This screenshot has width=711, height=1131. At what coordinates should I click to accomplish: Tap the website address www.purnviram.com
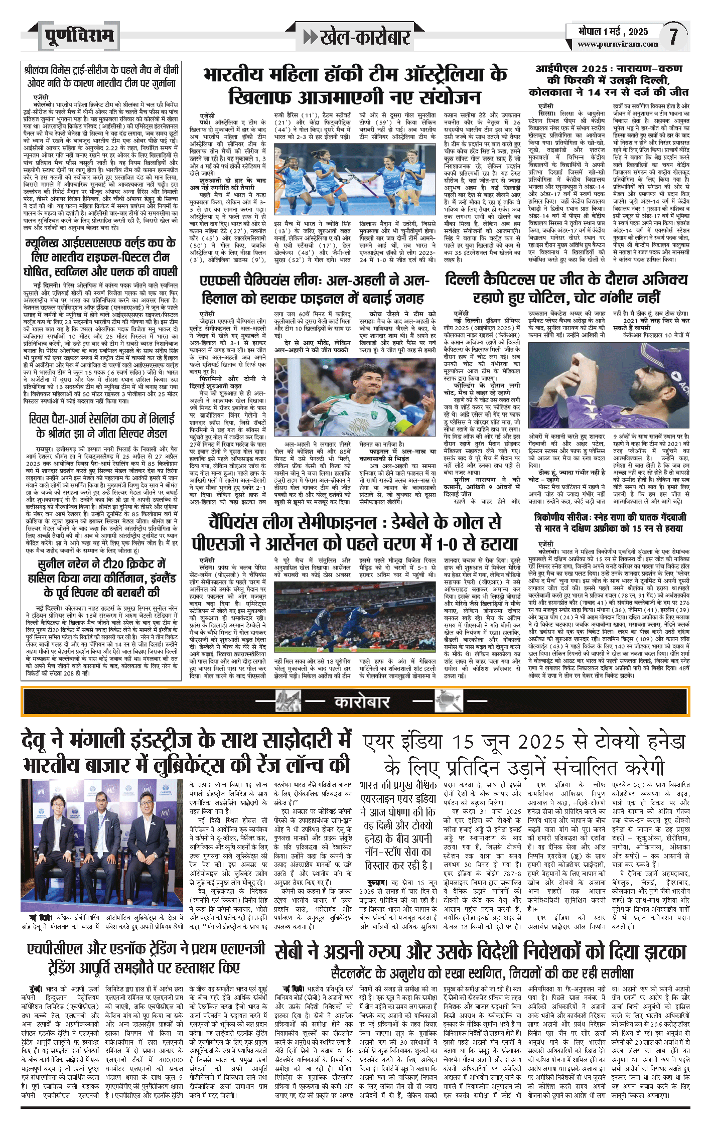618,44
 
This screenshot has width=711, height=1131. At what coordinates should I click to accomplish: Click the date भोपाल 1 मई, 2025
613,32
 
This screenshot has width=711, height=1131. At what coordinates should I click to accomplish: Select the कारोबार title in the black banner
361,701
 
